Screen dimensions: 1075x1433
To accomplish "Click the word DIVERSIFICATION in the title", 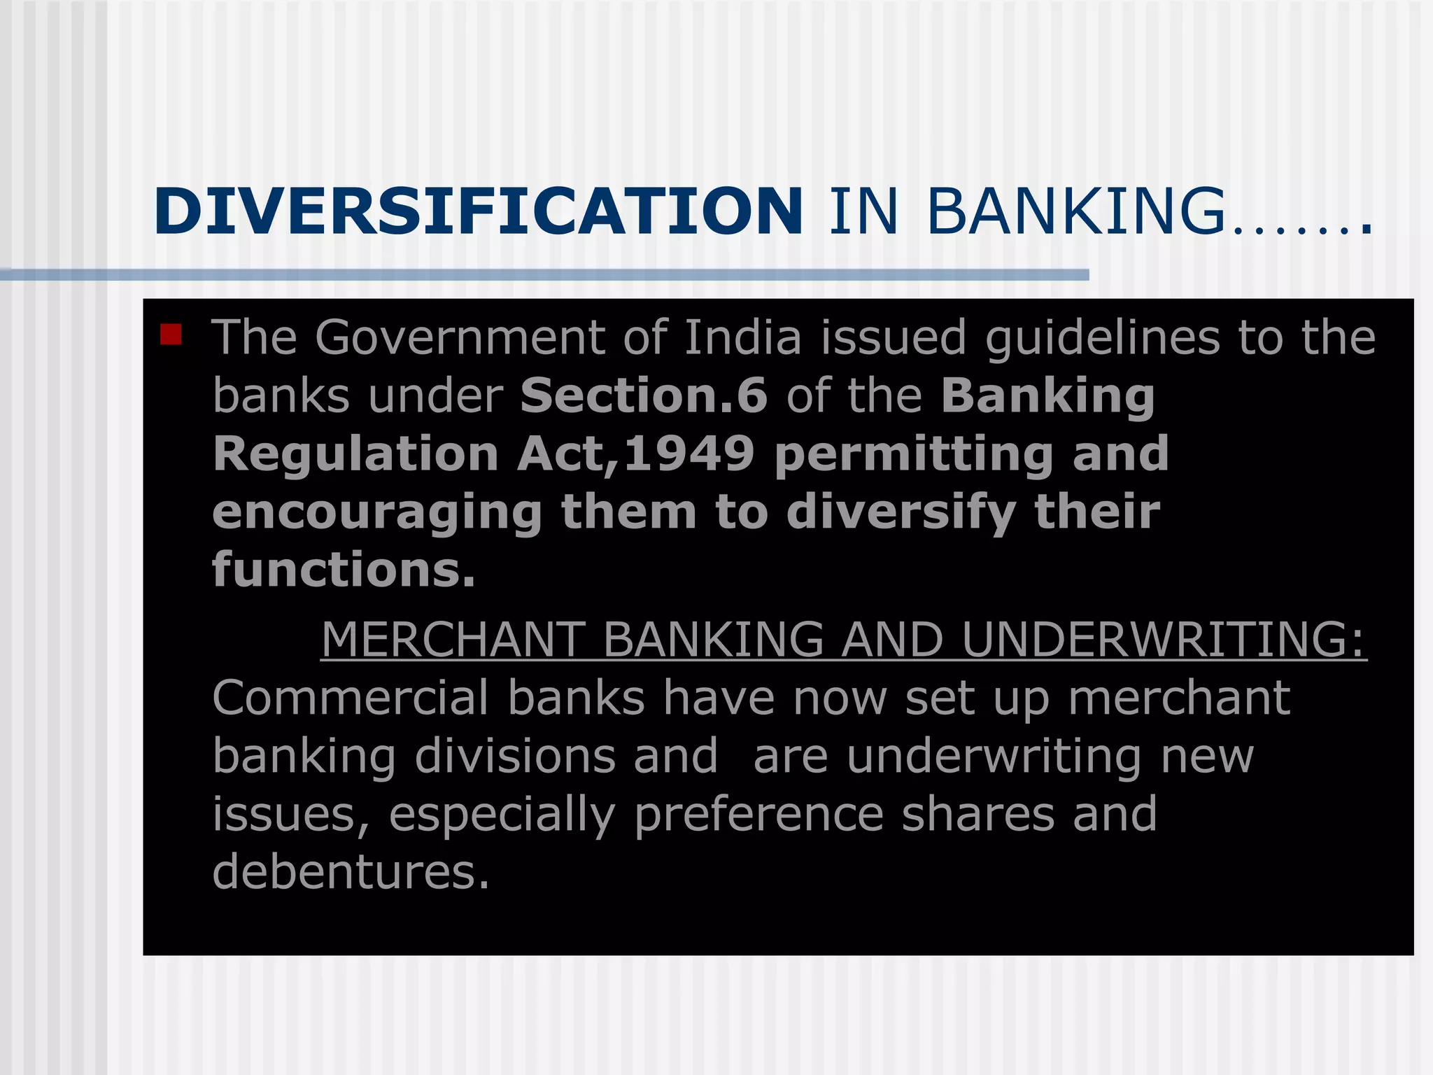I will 478,211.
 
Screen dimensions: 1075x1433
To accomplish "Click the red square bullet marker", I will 171,335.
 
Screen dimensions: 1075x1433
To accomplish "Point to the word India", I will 742,337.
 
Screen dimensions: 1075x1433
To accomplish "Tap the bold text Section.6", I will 644,395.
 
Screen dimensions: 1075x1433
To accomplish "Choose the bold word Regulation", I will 355,455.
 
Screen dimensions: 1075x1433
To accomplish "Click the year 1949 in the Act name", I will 689,454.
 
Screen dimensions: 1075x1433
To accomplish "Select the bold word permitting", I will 914,455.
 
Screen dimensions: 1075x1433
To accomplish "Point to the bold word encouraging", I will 377,513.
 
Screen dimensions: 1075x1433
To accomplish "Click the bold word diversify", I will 901,513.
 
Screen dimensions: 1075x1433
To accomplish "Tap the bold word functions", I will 344,570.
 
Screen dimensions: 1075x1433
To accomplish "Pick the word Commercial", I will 351,698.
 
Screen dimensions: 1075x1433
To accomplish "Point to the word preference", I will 759,815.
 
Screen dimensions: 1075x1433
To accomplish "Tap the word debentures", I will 351,873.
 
